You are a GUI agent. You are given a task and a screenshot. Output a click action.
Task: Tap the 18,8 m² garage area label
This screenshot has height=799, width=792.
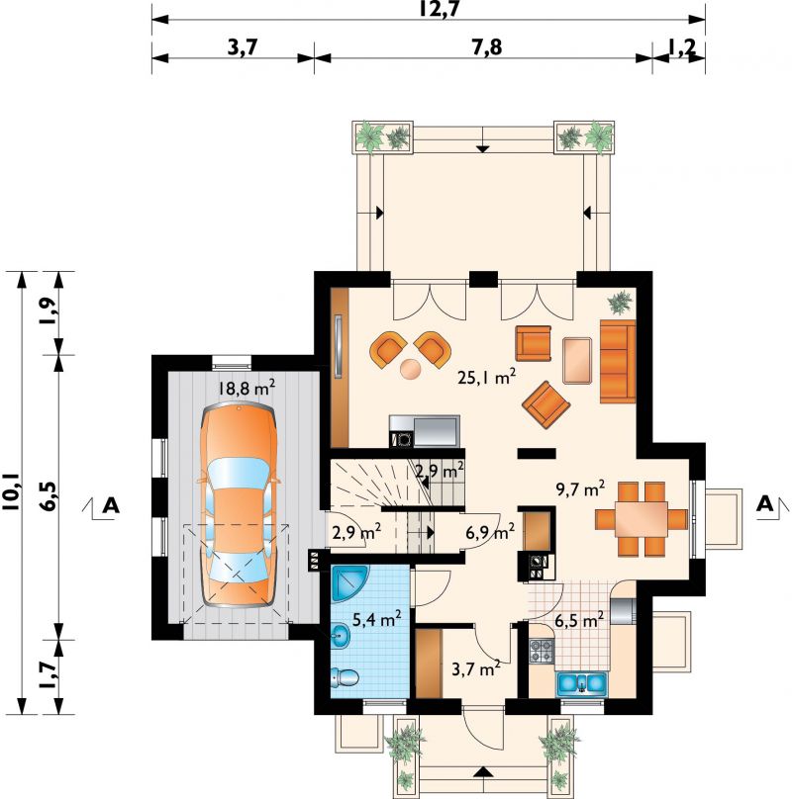click(x=247, y=389)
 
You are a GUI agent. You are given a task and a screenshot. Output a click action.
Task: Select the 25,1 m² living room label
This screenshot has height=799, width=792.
click(x=486, y=377)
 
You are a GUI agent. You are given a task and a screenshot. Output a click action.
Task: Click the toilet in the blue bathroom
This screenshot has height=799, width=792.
click(x=345, y=677)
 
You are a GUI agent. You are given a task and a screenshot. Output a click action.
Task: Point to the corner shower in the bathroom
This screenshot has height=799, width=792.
click(x=349, y=583)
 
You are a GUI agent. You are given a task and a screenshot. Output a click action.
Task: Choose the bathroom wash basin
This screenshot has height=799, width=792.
click(x=340, y=637)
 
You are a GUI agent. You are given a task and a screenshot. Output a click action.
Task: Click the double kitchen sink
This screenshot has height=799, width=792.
click(x=582, y=684)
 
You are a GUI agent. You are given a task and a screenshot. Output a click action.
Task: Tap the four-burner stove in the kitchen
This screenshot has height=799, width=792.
click(x=542, y=651)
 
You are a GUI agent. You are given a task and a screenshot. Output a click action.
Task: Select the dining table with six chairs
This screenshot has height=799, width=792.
click(x=642, y=519)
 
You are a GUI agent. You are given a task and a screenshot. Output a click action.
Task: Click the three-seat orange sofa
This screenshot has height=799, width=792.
click(x=618, y=361)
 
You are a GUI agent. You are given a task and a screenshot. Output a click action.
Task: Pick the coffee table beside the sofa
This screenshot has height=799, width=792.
click(x=577, y=360)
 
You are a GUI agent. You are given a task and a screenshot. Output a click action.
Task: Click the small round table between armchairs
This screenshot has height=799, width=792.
click(x=411, y=369)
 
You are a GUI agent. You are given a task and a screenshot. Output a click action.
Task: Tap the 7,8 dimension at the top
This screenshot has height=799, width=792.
click(x=487, y=46)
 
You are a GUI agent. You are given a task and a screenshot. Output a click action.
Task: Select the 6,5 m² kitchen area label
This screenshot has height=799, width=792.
click(x=580, y=621)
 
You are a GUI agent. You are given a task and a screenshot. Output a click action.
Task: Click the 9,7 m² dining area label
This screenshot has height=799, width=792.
click(x=581, y=488)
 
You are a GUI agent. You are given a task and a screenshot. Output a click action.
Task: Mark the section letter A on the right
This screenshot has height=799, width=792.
click(x=765, y=504)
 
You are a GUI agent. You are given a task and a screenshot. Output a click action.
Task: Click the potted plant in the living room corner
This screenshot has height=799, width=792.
click(x=621, y=302)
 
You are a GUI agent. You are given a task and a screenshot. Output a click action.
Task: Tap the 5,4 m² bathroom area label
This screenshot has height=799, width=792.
click(x=376, y=619)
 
